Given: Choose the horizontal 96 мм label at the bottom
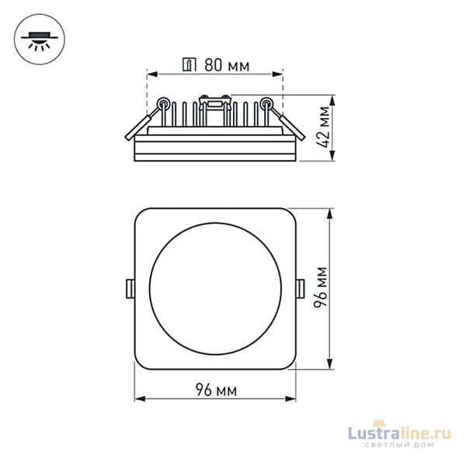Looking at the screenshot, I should (x=216, y=388).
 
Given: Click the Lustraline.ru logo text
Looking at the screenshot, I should (x=404, y=436).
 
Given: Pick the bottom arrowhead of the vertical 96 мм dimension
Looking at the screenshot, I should (x=332, y=364).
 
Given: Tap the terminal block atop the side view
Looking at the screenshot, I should (x=214, y=99).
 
